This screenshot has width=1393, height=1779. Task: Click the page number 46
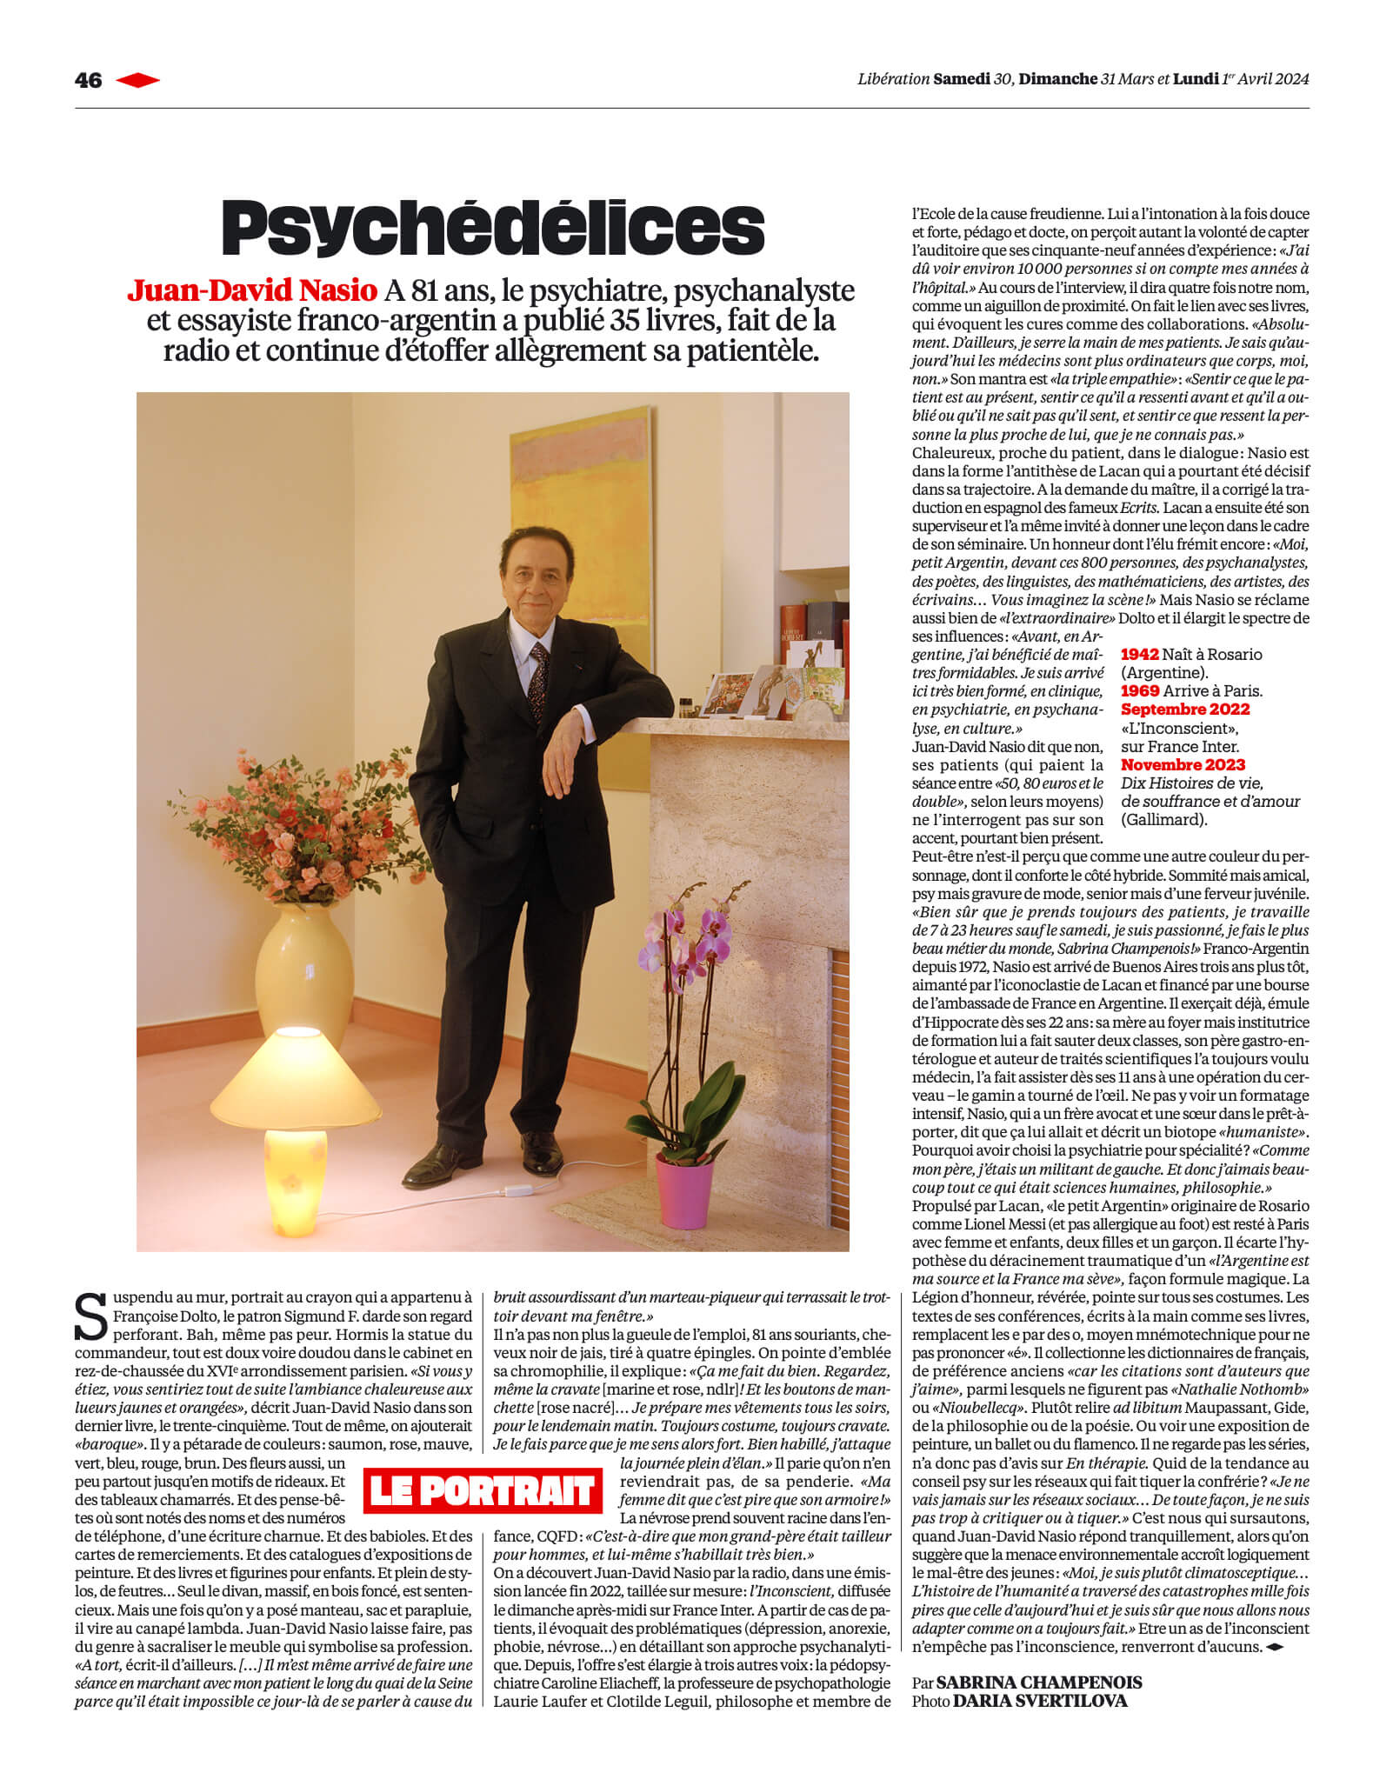pos(88,80)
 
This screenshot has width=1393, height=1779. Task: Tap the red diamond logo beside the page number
pos(137,80)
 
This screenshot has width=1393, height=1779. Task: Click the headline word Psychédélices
pos(493,228)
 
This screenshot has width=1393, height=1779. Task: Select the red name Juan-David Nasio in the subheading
pos(252,290)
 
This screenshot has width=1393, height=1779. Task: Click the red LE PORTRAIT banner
pos(482,1491)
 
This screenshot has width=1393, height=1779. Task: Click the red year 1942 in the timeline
pos(1139,655)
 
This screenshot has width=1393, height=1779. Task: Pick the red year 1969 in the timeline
pos(1139,691)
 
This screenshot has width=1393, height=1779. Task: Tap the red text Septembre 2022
pos(1184,710)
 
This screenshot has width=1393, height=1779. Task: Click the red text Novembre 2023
pos(1183,765)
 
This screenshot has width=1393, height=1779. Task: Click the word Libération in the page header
pos(893,79)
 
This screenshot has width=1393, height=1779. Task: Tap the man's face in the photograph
pos(528,584)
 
